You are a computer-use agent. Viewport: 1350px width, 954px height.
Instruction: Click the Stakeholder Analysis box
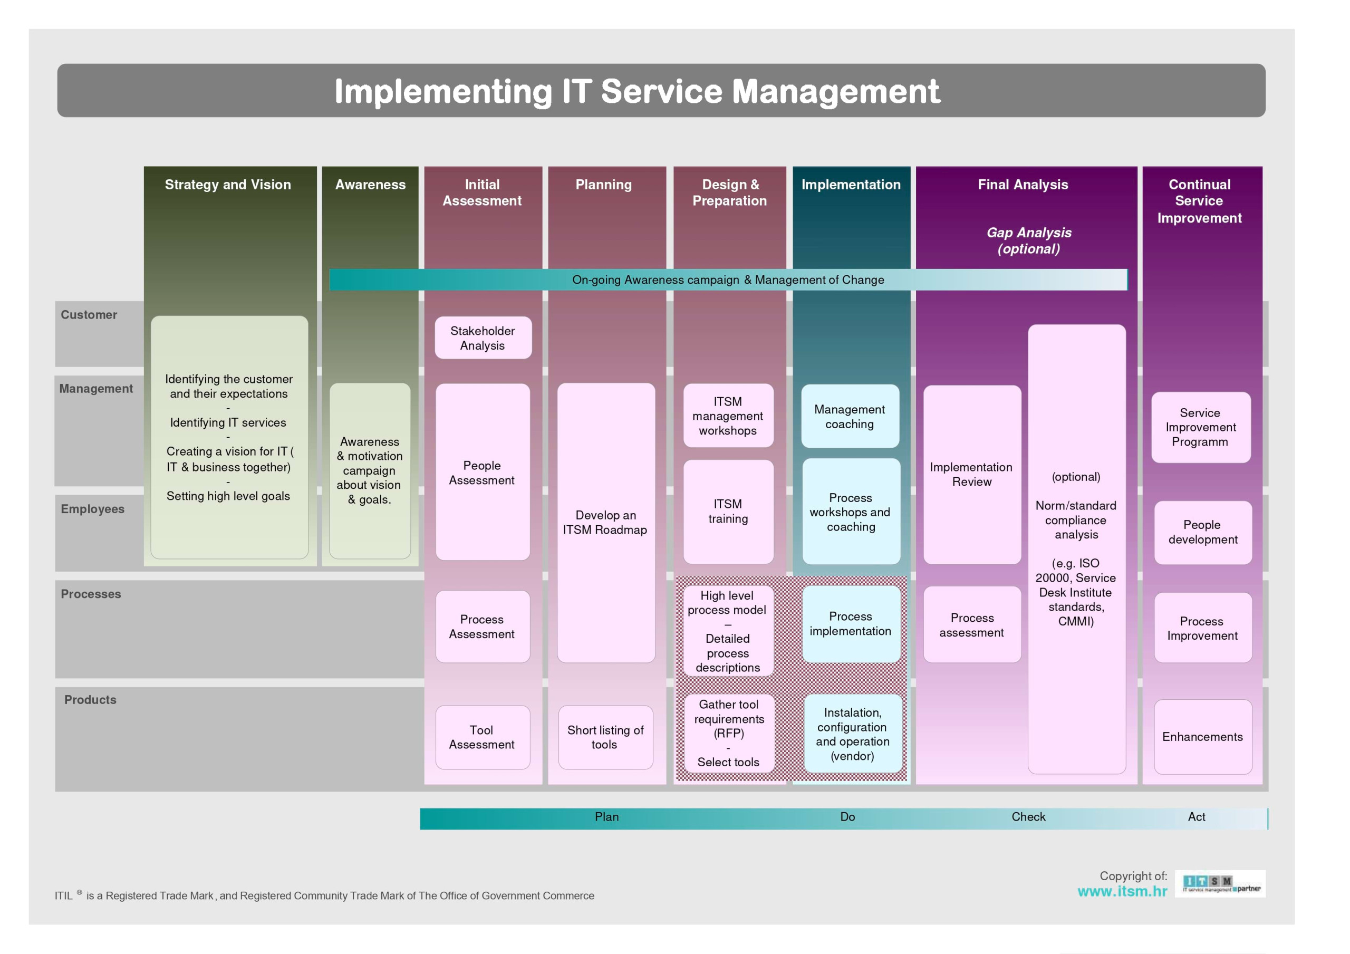[483, 338]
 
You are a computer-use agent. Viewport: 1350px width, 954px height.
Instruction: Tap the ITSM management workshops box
[728, 416]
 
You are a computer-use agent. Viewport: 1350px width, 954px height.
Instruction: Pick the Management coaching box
[850, 417]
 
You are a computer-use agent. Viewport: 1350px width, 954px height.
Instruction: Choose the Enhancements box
[1202, 737]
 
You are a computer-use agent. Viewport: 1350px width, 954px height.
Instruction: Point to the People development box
[1202, 532]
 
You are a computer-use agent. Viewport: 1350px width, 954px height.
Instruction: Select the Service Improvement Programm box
[1200, 428]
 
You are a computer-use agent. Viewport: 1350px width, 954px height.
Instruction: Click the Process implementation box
[850, 624]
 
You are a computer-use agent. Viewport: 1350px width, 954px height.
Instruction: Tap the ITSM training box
[728, 512]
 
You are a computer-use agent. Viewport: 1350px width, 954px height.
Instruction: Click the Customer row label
[89, 315]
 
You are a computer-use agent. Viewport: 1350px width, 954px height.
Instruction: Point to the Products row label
[90, 700]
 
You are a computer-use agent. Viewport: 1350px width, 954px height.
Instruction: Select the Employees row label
[92, 509]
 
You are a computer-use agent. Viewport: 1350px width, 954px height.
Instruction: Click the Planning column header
[603, 185]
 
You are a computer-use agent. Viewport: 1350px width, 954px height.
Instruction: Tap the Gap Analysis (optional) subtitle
[1028, 240]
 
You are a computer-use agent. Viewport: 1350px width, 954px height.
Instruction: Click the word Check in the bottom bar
[1028, 817]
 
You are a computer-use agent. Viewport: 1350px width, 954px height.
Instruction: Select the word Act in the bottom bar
[1196, 817]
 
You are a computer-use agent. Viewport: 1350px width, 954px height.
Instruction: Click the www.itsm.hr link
[1122, 892]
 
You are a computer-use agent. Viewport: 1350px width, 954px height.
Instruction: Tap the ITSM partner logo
[1220, 884]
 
